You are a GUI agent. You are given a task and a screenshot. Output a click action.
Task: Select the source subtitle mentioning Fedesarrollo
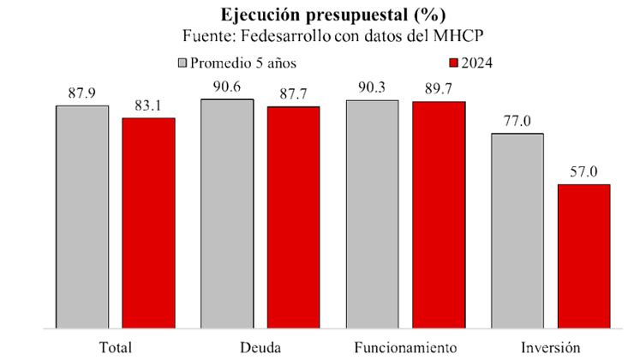(x=320, y=37)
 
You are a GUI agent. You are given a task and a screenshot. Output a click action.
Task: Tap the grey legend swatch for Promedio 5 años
(x=182, y=63)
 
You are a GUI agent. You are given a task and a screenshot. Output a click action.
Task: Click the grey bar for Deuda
(x=227, y=213)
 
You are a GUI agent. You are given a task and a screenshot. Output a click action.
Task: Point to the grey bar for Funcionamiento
(x=372, y=214)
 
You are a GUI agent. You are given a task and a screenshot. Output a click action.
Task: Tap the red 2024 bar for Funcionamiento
(x=438, y=215)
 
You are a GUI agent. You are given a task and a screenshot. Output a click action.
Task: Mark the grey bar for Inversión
(x=517, y=231)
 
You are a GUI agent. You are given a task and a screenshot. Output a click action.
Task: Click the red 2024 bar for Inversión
(x=583, y=256)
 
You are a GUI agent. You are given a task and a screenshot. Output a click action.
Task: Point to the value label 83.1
(x=148, y=105)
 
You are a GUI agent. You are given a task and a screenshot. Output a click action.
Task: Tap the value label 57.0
(x=583, y=171)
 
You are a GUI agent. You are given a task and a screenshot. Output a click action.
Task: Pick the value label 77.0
(x=517, y=120)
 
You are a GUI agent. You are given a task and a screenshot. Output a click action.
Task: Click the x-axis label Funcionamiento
(x=405, y=348)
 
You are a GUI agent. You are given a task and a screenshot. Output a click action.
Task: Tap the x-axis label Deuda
(x=260, y=348)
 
